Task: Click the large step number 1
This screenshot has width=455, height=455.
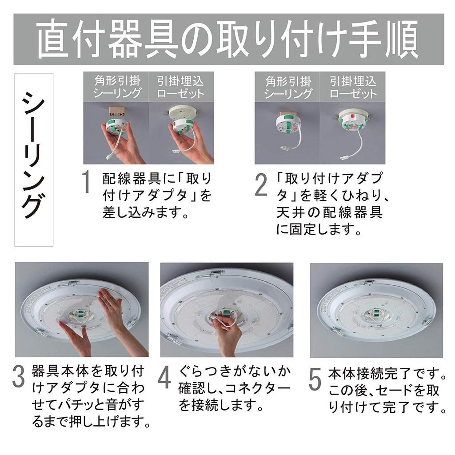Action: (x=87, y=183)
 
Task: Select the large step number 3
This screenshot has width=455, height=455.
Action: (x=19, y=377)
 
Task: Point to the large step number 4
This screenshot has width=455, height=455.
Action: (x=165, y=377)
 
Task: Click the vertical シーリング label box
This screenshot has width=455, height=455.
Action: (x=34, y=159)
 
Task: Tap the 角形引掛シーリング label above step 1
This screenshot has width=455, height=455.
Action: (x=116, y=87)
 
